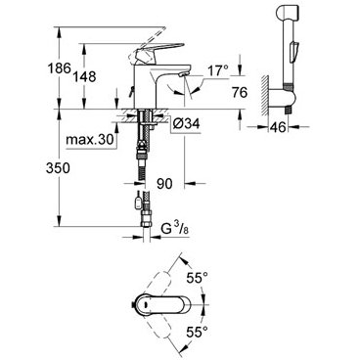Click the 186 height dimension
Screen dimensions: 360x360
tap(59, 68)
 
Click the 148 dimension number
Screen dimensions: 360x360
tap(84, 76)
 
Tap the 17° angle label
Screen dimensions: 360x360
tap(218, 70)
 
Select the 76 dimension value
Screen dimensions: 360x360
tap(240, 93)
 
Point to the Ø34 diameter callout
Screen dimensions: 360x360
tap(186, 123)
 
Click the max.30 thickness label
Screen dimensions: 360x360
tap(90, 140)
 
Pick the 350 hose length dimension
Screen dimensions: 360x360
tap(58, 168)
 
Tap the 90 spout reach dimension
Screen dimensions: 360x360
tap(164, 184)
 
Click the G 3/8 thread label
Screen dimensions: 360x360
tap(175, 229)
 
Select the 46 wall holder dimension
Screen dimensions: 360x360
tap(278, 127)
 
